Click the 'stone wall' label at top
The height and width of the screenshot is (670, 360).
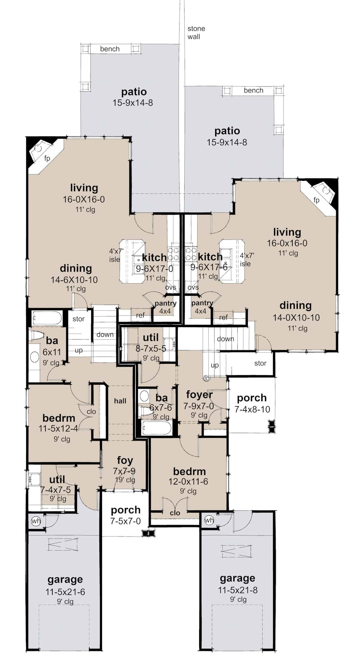click(196, 33)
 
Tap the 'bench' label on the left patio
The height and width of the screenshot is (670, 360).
click(110, 49)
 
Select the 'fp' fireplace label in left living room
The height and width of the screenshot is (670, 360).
click(47, 159)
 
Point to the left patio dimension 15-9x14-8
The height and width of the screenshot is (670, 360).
click(133, 103)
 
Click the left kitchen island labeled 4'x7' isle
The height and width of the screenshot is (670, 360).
click(132, 261)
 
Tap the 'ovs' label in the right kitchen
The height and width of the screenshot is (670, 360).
click(193, 288)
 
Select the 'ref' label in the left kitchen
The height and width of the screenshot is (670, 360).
click(140, 315)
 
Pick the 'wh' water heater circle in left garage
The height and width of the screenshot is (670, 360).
click(36, 521)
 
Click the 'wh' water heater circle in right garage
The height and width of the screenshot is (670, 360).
click(209, 520)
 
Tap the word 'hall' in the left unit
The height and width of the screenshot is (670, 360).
click(120, 401)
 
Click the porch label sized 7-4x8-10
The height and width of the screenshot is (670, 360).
click(252, 403)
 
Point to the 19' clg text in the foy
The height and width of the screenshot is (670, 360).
click(125, 480)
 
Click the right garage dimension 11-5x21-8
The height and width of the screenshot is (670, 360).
click(238, 590)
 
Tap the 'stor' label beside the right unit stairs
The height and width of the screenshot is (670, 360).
click(260, 363)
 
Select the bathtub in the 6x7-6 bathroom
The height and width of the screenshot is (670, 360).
click(157, 428)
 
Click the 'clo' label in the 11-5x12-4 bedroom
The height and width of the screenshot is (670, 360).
click(91, 412)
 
